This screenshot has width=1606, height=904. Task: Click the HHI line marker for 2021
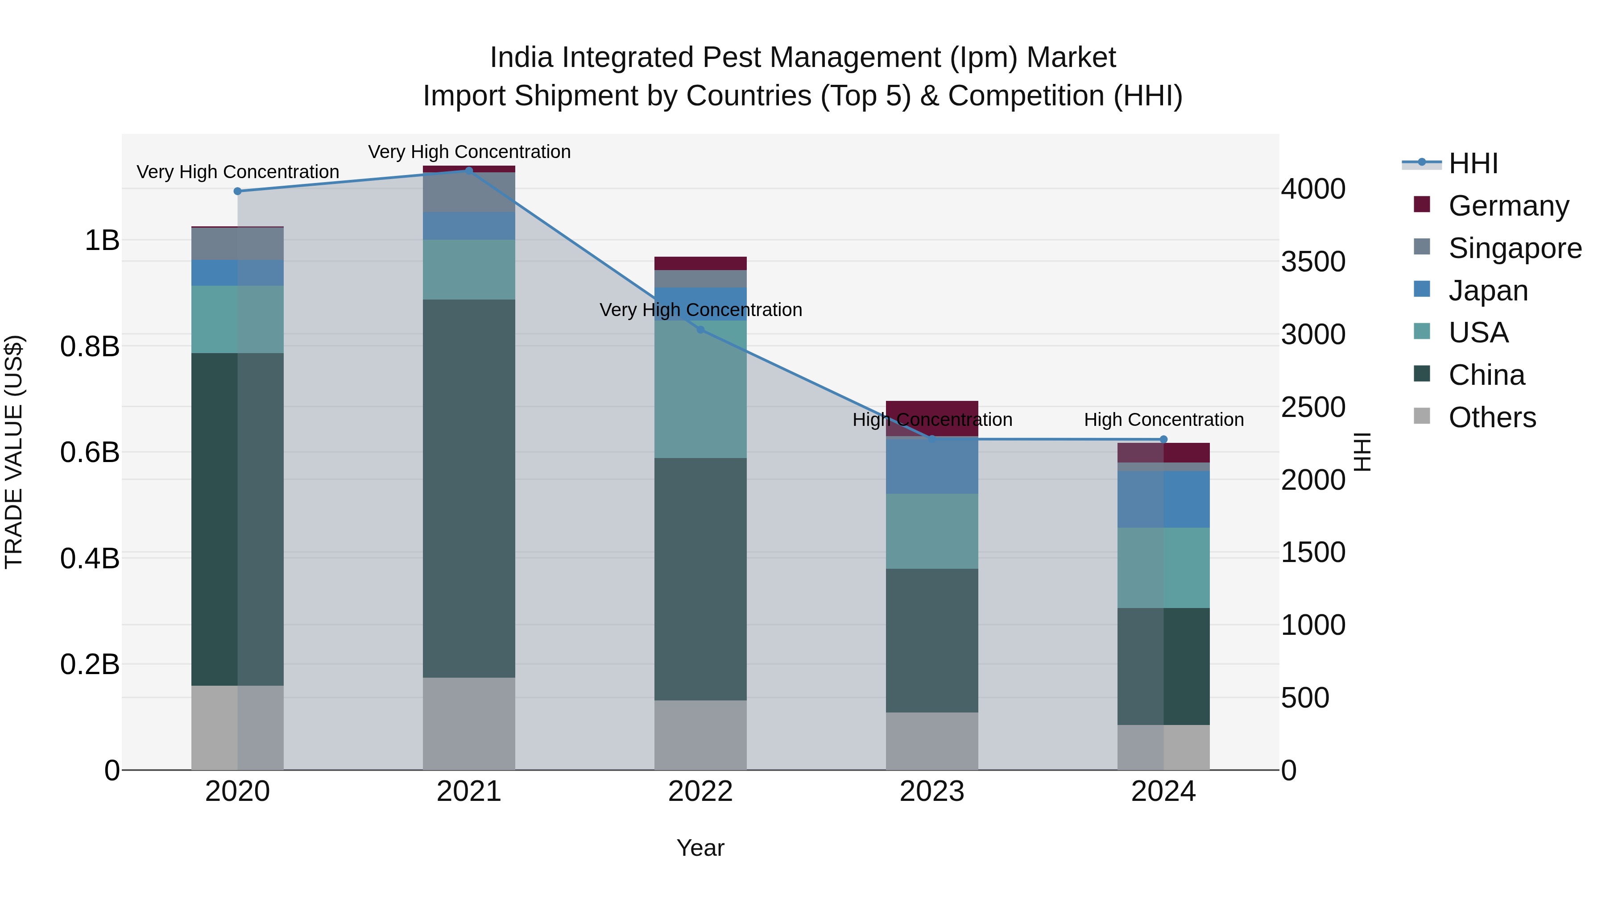click(469, 171)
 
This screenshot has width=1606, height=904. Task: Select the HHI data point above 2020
click(237, 191)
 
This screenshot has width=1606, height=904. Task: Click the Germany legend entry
click(1508, 206)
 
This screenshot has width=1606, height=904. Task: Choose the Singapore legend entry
click(1515, 248)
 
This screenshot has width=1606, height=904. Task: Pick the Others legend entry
click(1492, 417)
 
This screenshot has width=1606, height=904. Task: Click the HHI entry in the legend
click(1473, 163)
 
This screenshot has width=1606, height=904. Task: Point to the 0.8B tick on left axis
click(90, 346)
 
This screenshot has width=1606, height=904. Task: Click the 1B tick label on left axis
click(102, 240)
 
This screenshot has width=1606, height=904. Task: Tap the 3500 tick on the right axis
click(1313, 262)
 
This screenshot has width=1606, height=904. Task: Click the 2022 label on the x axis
click(700, 792)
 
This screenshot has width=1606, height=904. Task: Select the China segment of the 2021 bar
click(469, 488)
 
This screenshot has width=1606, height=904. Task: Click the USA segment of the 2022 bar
click(700, 389)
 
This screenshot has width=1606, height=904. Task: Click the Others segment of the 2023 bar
click(932, 741)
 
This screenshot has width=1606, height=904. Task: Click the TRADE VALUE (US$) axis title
click(14, 452)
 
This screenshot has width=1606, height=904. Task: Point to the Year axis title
click(700, 848)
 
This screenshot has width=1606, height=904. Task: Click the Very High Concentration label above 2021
click(469, 152)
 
